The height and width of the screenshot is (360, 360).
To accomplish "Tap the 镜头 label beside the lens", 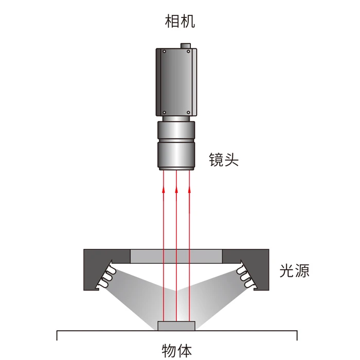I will pos(224,159).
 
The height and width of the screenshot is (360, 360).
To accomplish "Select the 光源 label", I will pos(294,270).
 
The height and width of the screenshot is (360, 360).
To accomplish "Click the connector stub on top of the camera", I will pos(187,46).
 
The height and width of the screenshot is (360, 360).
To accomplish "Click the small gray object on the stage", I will pos(176,326).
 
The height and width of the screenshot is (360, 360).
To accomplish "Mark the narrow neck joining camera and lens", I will pos(176,118).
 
